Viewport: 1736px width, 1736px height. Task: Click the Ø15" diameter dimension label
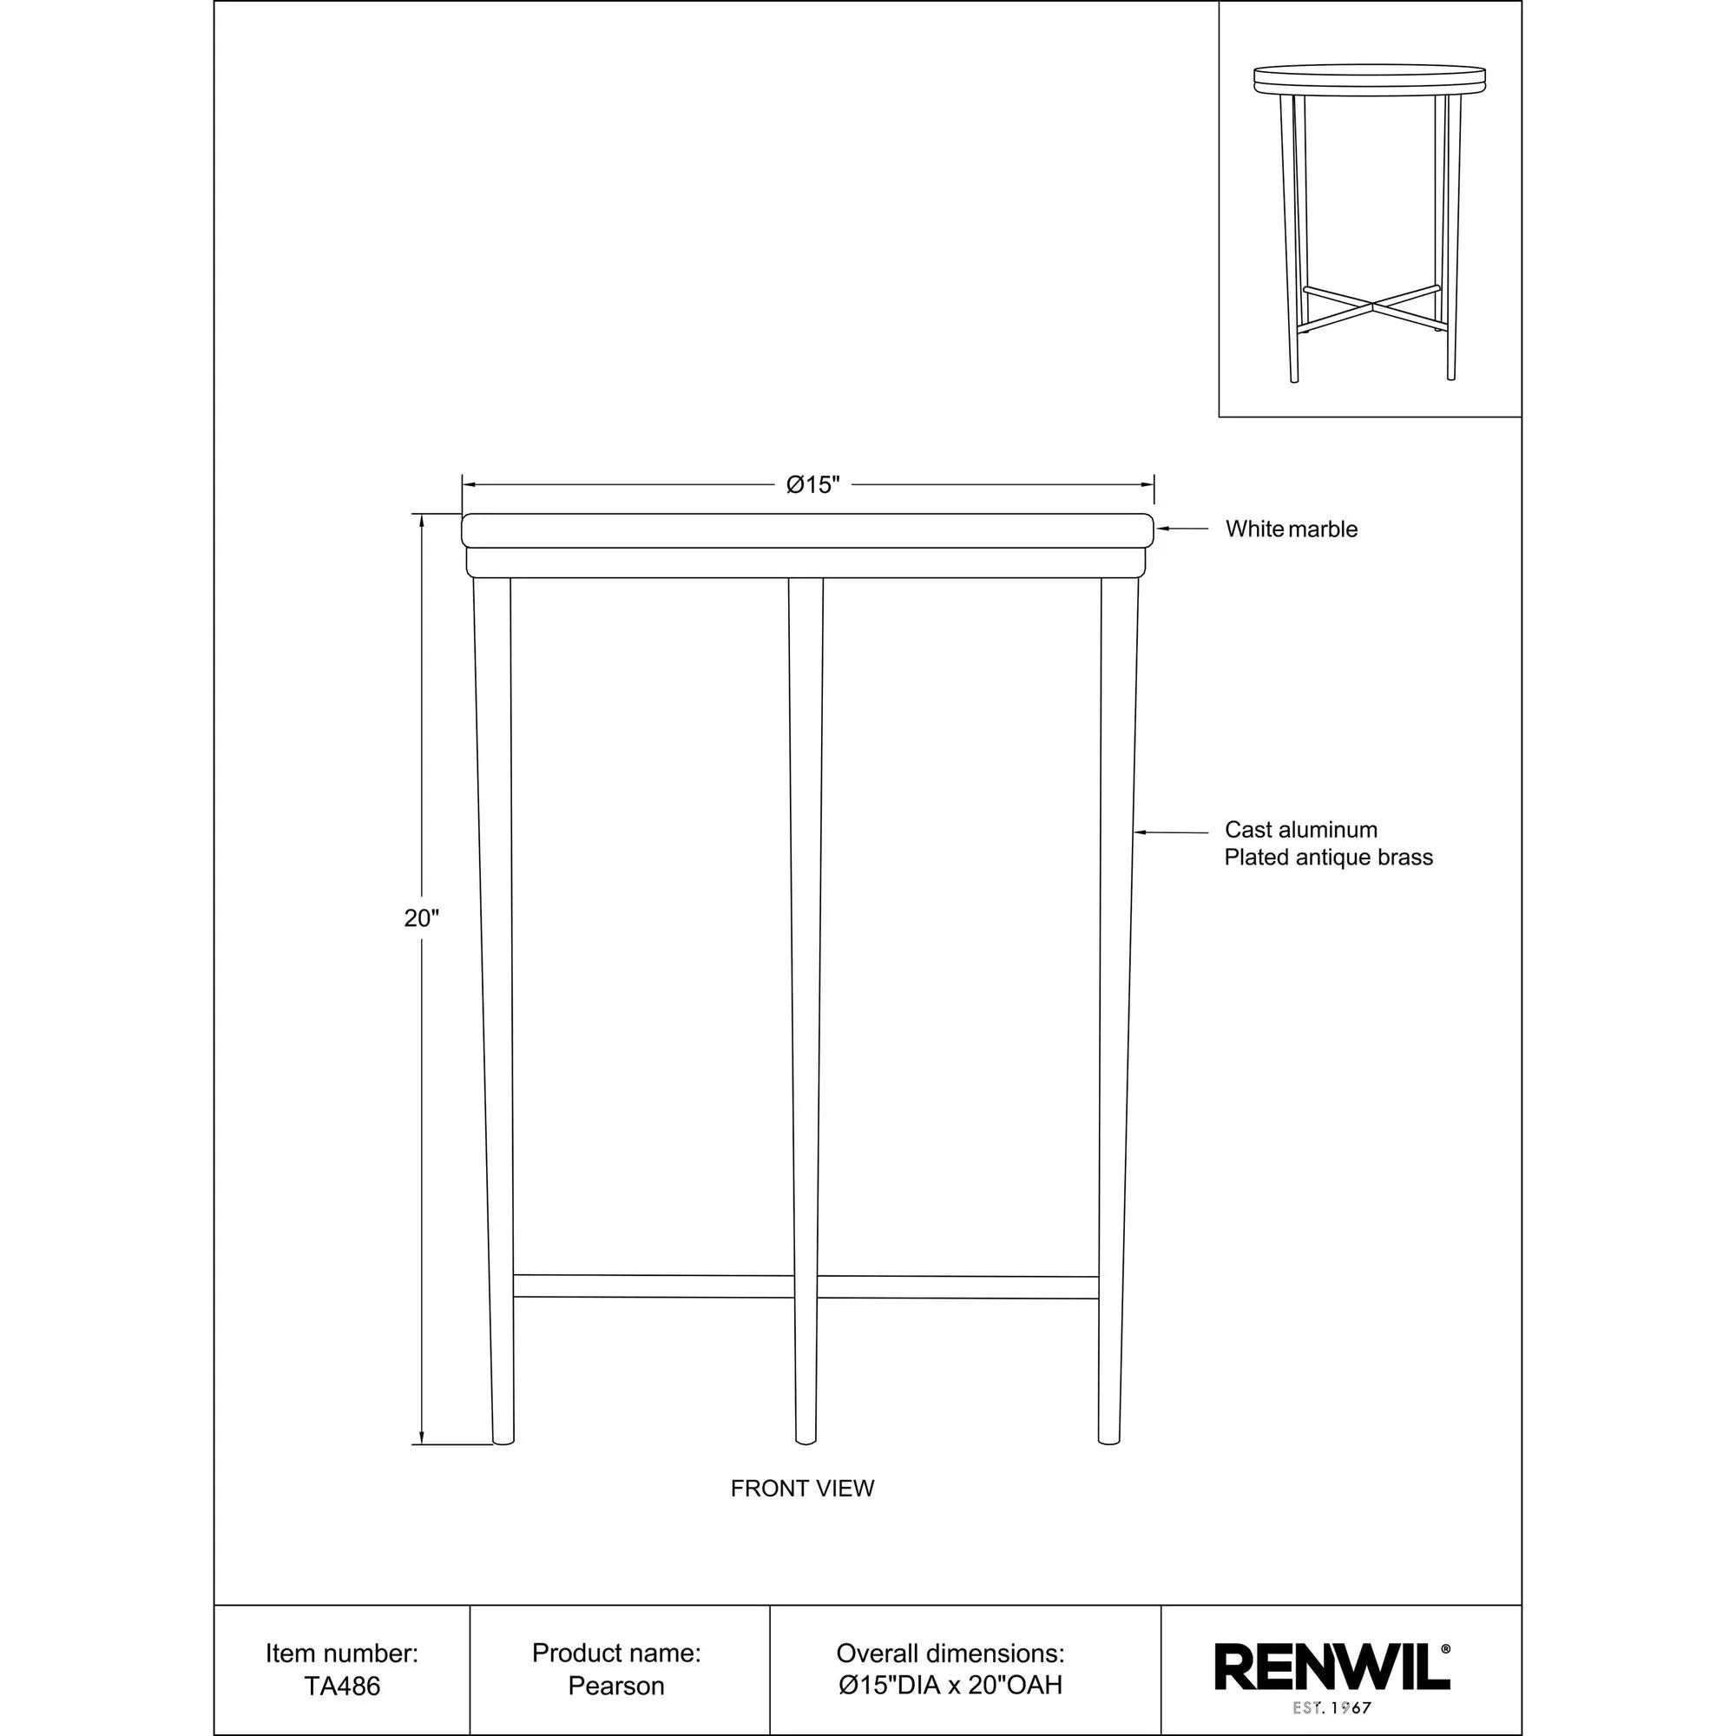tap(812, 485)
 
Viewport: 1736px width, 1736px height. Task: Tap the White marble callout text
tap(1292, 529)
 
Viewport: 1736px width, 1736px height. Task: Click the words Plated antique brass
tap(1328, 858)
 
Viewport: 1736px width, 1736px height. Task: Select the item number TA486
tap(341, 1687)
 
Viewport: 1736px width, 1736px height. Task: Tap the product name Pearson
tap(615, 1687)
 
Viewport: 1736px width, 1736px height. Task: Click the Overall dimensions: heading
tap(950, 1654)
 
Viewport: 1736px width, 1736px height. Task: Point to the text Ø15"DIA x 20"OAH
tap(950, 1686)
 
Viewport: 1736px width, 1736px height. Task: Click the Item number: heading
tap(341, 1654)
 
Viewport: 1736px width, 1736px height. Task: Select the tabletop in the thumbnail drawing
tap(1370, 78)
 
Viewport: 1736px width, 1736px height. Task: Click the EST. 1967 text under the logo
tap(1332, 1708)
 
